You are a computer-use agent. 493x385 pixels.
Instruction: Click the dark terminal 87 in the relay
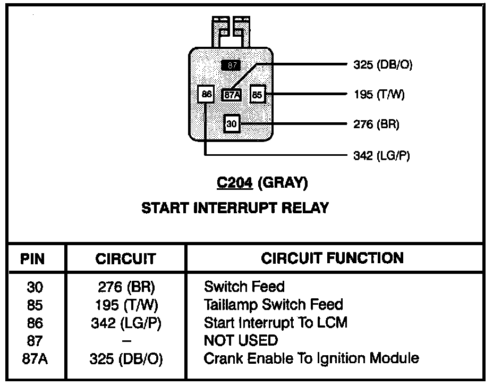(x=231, y=65)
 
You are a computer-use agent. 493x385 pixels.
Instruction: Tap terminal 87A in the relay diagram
(x=232, y=95)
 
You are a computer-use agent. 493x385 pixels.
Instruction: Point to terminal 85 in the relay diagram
(x=258, y=95)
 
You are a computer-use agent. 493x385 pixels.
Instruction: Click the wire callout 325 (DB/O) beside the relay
(x=382, y=65)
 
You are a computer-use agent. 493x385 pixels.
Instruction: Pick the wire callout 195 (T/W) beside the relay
(x=379, y=95)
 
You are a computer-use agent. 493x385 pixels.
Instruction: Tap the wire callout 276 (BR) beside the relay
(x=376, y=124)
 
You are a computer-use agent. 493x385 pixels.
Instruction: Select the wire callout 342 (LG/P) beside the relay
(x=381, y=155)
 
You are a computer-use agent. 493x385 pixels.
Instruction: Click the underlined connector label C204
(x=235, y=183)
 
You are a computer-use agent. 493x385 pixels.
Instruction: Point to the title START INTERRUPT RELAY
(x=235, y=208)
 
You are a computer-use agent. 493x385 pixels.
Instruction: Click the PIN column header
(x=32, y=259)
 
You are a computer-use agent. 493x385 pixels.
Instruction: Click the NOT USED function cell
(x=241, y=340)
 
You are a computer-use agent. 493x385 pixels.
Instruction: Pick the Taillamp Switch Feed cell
(x=273, y=305)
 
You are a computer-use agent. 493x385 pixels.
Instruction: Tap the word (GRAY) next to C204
(x=282, y=183)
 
